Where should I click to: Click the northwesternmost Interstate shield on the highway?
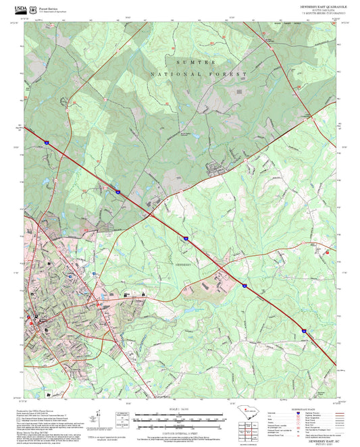click(48, 142)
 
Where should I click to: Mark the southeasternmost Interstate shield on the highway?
click(304, 331)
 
